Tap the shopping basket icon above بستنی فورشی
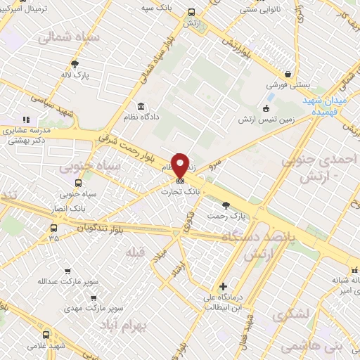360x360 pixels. tap(288, 75)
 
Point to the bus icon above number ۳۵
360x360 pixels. tap(54, 227)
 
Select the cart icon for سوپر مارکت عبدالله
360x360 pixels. tap(67, 271)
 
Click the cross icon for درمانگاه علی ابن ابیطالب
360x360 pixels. tap(223, 286)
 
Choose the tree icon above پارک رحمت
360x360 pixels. tap(226, 206)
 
